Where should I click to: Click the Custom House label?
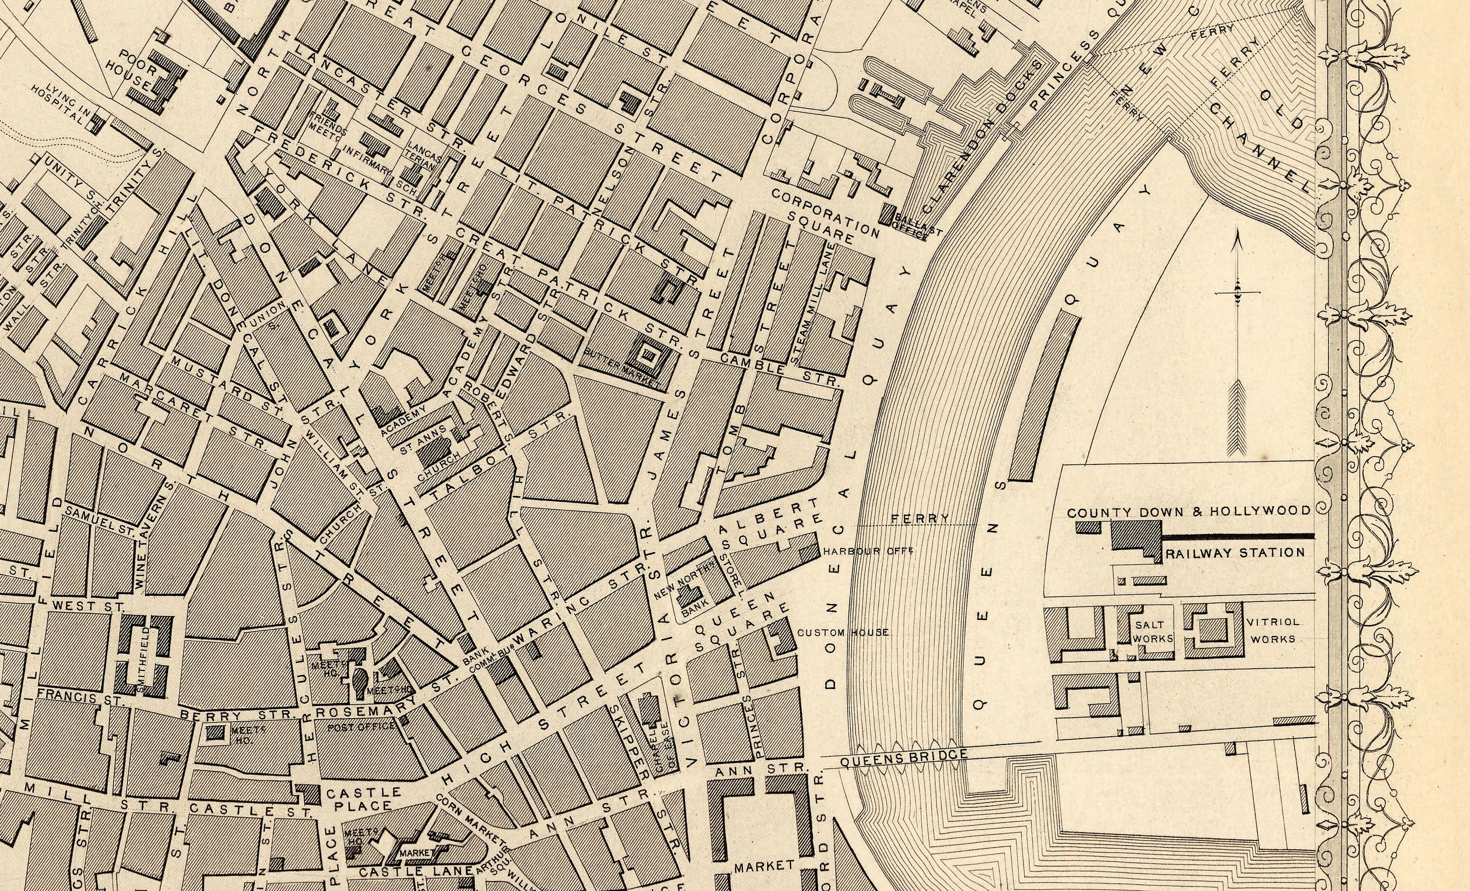843,632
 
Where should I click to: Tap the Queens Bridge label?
903,759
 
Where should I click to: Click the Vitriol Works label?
1273,630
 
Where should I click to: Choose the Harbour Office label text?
868,551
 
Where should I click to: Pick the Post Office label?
362,726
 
